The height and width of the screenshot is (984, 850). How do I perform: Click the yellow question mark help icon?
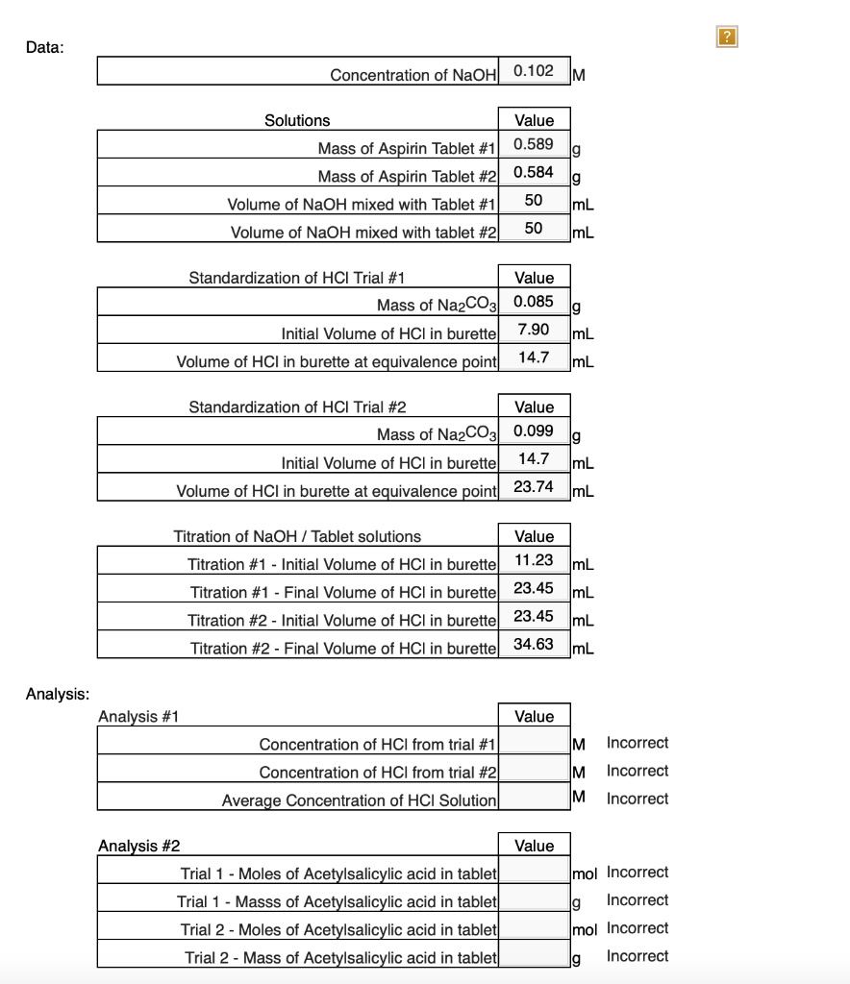point(727,37)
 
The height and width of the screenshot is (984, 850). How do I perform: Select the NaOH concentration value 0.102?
point(534,71)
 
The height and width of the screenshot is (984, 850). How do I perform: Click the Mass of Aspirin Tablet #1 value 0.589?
point(534,145)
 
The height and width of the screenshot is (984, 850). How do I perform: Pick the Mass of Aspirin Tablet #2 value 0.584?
point(534,173)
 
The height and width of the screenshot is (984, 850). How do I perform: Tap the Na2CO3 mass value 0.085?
point(534,302)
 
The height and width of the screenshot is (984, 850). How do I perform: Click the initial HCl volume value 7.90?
point(534,330)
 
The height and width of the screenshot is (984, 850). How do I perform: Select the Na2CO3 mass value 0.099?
point(534,430)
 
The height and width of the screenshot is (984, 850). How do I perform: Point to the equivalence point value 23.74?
point(534,487)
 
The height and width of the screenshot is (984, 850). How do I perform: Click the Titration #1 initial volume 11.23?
point(534,560)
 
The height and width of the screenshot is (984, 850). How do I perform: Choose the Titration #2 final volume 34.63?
point(534,644)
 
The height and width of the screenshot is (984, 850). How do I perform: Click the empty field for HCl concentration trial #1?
point(534,743)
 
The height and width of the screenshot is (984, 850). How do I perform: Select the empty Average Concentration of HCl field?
point(534,799)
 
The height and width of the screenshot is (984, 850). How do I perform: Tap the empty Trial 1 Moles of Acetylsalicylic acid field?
point(534,873)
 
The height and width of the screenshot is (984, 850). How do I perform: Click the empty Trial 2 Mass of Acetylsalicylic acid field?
point(534,956)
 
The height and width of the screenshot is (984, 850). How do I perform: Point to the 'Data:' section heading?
point(45,47)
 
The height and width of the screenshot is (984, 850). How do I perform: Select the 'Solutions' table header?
point(297,120)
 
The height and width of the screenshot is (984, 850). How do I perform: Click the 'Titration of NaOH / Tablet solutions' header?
point(297,536)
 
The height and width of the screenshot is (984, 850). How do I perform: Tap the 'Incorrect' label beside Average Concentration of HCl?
point(637,799)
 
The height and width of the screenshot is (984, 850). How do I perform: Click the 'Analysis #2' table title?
point(138,846)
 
